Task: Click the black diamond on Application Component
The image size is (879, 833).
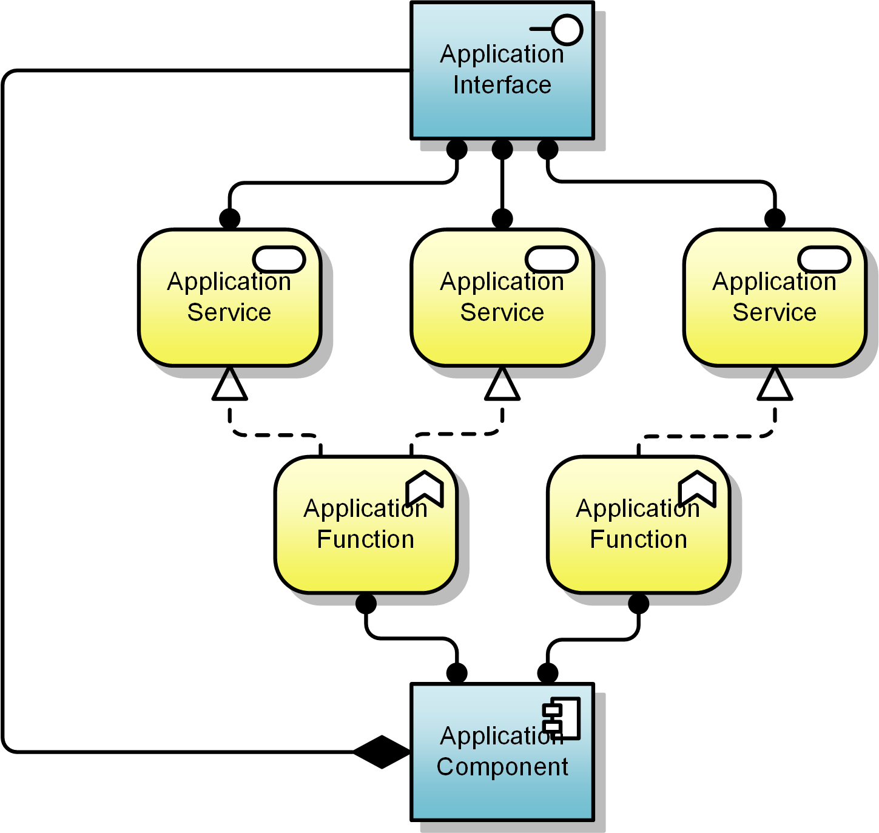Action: [382, 752]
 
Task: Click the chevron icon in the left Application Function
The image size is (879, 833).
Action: [425, 488]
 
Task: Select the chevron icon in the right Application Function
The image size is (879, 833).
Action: [698, 488]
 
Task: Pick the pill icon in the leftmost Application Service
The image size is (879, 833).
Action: [279, 260]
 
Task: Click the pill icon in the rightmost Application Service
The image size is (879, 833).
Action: [824, 260]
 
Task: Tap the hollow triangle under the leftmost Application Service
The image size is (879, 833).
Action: [229, 386]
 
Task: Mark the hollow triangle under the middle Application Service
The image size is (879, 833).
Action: [502, 386]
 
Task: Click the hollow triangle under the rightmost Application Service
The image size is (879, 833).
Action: [775, 386]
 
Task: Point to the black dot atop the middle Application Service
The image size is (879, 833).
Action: [502, 218]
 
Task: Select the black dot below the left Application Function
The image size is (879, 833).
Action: [366, 604]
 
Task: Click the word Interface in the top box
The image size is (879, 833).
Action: [502, 85]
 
